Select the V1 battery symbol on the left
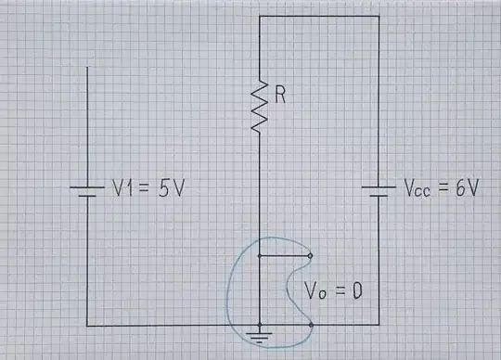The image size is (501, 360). (x=86, y=190)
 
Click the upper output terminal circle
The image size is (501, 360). (x=310, y=255)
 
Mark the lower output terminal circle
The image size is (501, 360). (x=310, y=325)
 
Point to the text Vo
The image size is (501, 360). (x=315, y=290)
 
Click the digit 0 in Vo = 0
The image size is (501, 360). (x=355, y=290)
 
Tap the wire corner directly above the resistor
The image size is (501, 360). (x=260, y=16)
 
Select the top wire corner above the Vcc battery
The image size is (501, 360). (x=379, y=16)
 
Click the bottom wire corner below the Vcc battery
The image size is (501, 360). (x=379, y=325)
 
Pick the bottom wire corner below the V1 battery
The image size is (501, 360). (x=86, y=325)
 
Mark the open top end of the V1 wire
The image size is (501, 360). (x=86, y=67)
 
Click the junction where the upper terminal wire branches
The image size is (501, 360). (x=260, y=255)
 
